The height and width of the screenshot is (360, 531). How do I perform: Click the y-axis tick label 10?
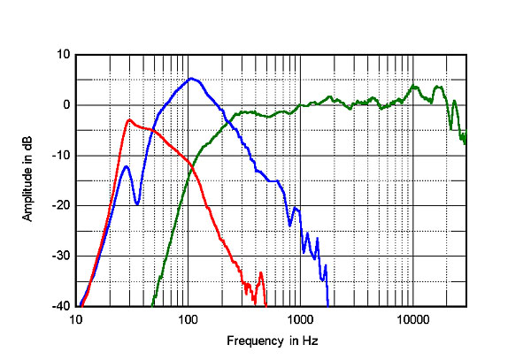click(x=63, y=55)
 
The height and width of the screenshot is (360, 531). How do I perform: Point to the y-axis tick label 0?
click(x=65, y=105)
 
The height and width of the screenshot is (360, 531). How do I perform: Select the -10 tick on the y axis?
click(x=61, y=156)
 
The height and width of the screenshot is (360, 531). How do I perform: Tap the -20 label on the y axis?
click(x=61, y=206)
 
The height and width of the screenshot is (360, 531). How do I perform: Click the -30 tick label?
click(x=61, y=257)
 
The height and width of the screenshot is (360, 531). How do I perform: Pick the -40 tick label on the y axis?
click(x=61, y=307)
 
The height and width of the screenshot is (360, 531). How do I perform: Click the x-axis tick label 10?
click(x=77, y=319)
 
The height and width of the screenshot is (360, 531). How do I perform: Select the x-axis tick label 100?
click(x=188, y=319)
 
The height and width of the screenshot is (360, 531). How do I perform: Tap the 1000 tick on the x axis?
click(x=300, y=319)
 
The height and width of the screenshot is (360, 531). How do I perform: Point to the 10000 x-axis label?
click(x=412, y=319)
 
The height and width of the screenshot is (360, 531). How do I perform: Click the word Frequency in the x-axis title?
click(x=252, y=341)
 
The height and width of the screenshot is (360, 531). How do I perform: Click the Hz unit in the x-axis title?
click(x=310, y=341)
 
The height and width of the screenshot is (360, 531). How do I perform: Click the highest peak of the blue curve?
click(x=191, y=78)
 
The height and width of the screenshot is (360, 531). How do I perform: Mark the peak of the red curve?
click(x=129, y=119)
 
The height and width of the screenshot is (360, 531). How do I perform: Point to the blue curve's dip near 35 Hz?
click(x=137, y=204)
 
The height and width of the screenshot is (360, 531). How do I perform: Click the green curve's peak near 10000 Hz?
click(x=414, y=86)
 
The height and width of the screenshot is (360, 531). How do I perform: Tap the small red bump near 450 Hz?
click(x=260, y=273)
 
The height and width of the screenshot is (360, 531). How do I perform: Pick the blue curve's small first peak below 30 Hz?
click(x=127, y=166)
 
